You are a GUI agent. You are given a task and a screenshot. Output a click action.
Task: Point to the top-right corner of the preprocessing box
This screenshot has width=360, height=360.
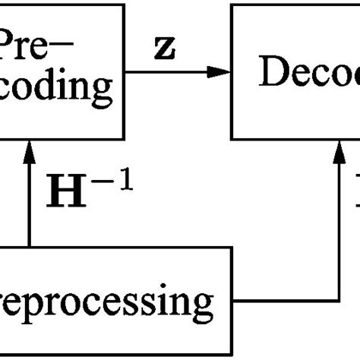tap(231, 248)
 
